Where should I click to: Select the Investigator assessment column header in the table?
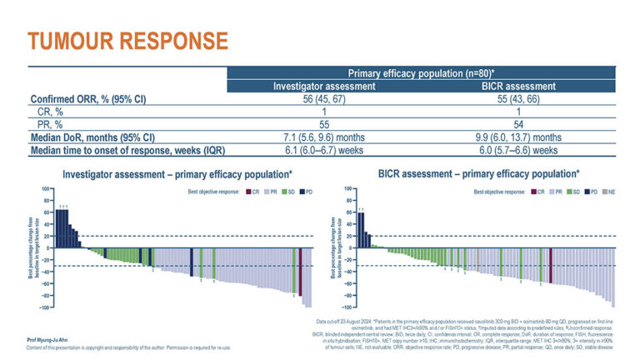tap(324, 87)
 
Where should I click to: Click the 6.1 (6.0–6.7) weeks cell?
tap(324, 150)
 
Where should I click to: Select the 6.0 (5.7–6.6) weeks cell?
tap(501, 150)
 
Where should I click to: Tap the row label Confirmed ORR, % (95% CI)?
tap(89, 100)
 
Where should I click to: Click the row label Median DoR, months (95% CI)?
tap(97, 137)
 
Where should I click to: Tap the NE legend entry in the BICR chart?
tap(610, 192)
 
